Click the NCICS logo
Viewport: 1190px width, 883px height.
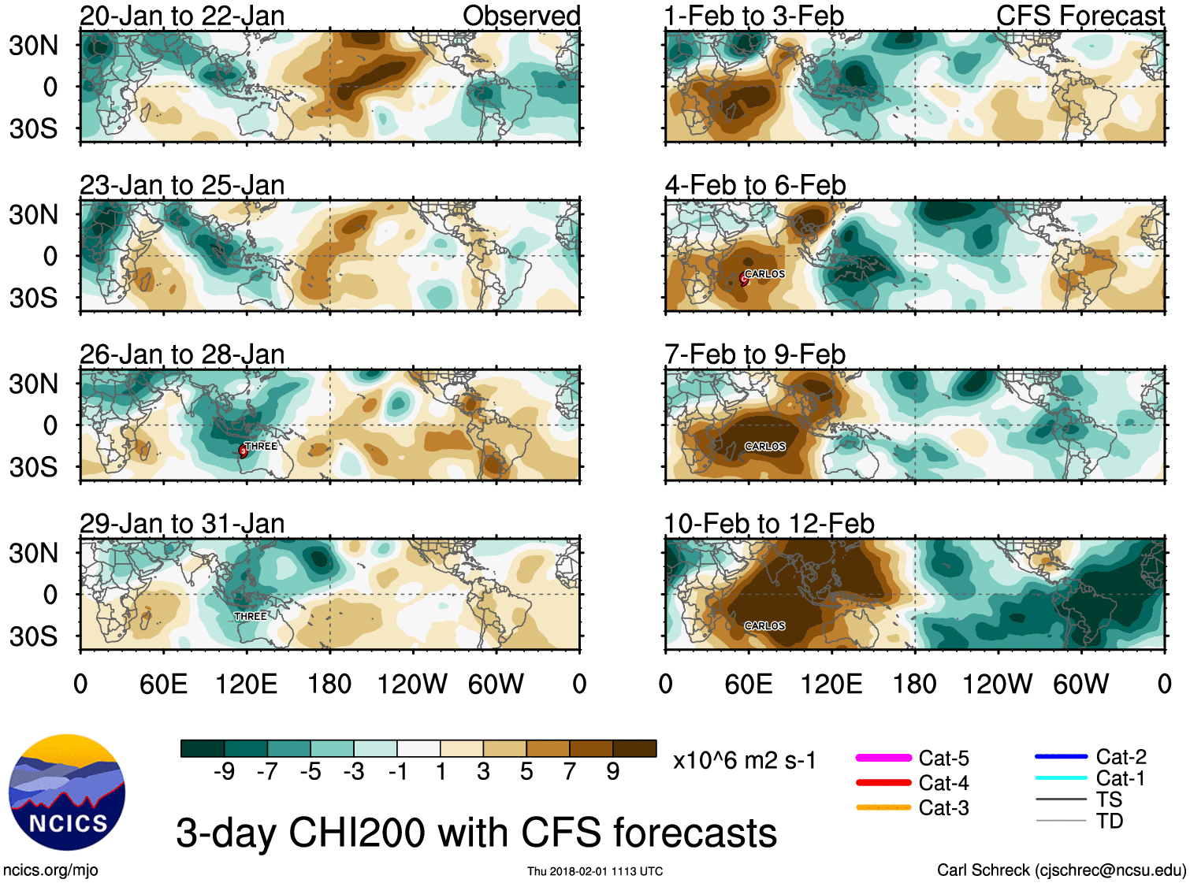click(x=66, y=792)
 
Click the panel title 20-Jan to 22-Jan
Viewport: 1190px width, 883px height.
click(x=182, y=16)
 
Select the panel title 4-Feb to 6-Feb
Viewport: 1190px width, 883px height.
click(x=755, y=185)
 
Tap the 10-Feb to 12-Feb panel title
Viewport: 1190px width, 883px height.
click(x=769, y=524)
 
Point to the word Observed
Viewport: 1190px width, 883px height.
click(x=521, y=16)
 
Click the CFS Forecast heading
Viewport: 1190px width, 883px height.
click(x=1080, y=16)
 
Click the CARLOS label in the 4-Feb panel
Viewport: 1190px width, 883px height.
click(x=764, y=274)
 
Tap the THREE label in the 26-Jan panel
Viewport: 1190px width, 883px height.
click(x=261, y=446)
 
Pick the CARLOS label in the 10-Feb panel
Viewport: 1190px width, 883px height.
click(x=764, y=625)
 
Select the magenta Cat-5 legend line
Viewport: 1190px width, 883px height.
click(x=883, y=758)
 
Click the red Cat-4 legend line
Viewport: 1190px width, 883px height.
click(x=883, y=783)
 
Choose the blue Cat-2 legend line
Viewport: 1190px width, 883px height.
click(x=1061, y=757)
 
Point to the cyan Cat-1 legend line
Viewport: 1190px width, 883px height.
click(x=1061, y=778)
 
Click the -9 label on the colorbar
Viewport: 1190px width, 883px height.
click(x=224, y=772)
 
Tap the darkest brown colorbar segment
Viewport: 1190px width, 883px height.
click(x=634, y=748)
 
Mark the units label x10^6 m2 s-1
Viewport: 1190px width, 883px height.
click(x=744, y=761)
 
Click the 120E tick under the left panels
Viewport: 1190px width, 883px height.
click(x=246, y=685)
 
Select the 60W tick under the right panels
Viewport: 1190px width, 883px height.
click(x=1080, y=685)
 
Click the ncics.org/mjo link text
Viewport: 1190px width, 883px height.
click(x=50, y=870)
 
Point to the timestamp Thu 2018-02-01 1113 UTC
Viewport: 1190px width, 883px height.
click(x=595, y=871)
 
